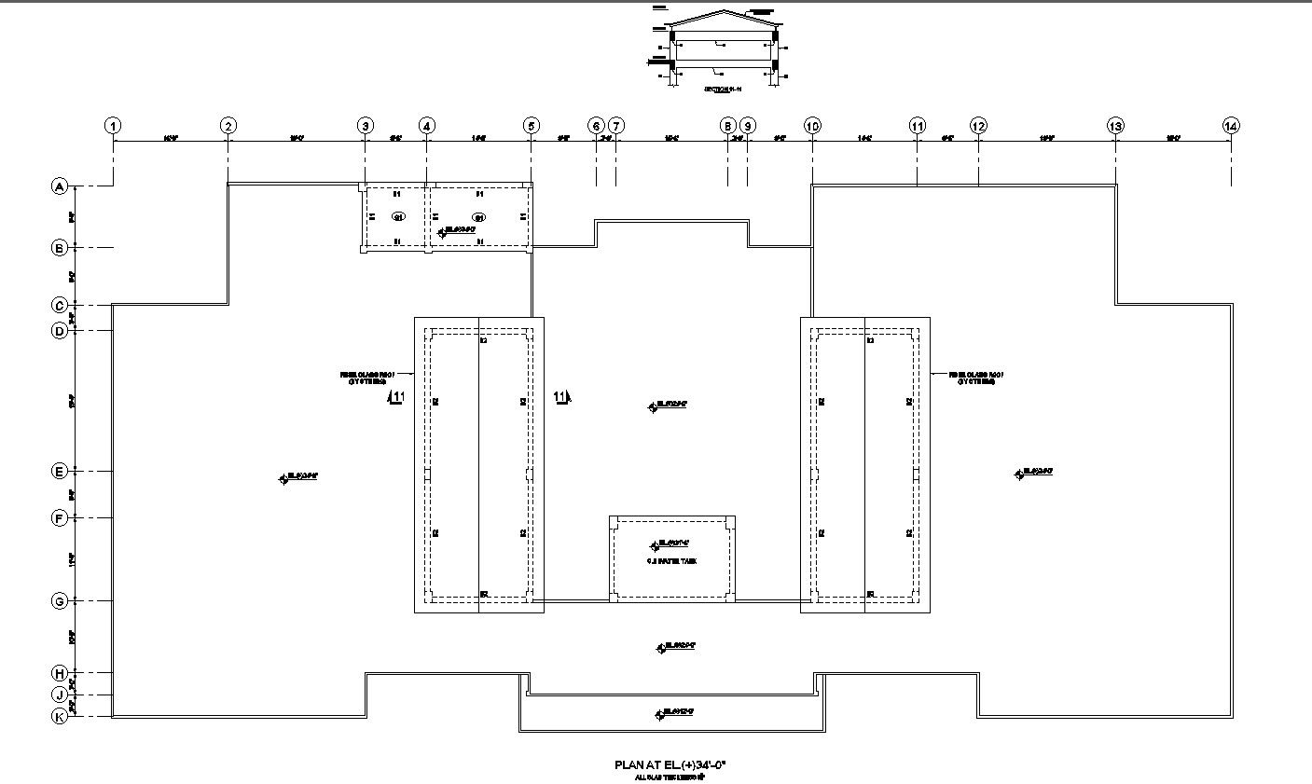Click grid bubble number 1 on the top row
coord(113,126)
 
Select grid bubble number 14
coord(1231,126)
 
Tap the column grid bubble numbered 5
coord(531,126)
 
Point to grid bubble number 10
coord(812,126)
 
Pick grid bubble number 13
coord(1115,126)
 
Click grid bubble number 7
coord(616,126)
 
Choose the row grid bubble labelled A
coord(60,186)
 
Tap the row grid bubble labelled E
coord(60,471)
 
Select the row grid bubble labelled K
coord(60,716)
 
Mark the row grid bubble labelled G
coord(60,600)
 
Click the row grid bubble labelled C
coord(60,305)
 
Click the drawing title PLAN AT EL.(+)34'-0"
coord(670,764)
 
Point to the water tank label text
coord(671,561)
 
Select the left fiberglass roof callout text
coord(367,378)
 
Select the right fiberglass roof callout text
coord(976,378)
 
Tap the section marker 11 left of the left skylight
coord(397,398)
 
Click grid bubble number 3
coord(366,126)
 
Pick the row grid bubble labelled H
coord(60,672)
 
